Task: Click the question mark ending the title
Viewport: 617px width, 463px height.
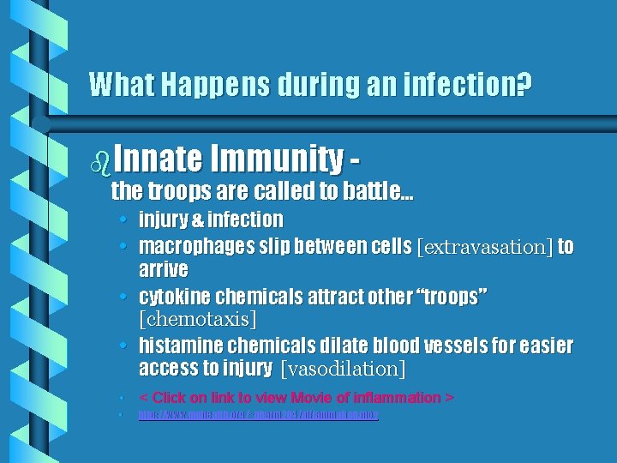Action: [524, 84]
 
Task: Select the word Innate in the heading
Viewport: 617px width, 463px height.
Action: [157, 159]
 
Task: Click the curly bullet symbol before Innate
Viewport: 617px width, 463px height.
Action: [99, 160]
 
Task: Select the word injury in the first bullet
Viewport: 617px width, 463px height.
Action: [163, 219]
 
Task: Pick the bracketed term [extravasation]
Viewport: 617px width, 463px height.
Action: [484, 248]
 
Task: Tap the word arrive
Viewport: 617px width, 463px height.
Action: [163, 270]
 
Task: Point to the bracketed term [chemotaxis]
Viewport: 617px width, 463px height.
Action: [197, 319]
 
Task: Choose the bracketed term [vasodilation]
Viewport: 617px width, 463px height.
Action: [343, 370]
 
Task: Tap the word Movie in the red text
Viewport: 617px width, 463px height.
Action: [315, 398]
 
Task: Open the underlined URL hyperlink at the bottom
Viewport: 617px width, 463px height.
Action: [258, 415]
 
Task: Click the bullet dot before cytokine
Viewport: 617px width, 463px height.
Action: [125, 297]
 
